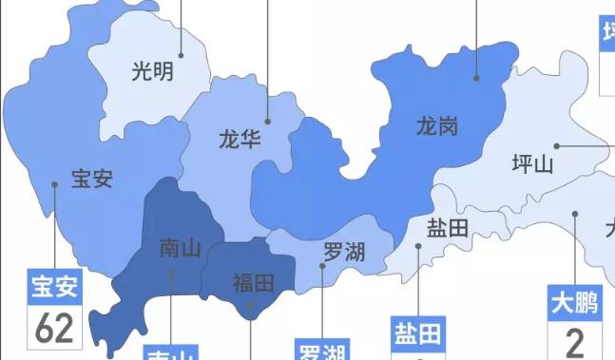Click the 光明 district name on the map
pos(152,70)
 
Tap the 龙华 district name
pos(240,141)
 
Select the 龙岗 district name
pos(437,125)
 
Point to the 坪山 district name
pos(532,164)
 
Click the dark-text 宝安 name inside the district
pos(92,179)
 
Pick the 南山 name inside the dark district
pos(180,249)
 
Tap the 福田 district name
pos(253,283)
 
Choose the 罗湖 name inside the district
pos(344,252)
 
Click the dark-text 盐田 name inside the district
pos(448,228)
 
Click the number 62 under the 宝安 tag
pos(54,329)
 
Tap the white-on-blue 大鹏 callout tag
pos(574,304)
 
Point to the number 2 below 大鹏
pos(574,341)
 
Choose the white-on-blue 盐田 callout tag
pos(418,334)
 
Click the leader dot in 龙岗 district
pos(477,78)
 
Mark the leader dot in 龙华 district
pos(268,122)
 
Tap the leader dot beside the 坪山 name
pos(558,146)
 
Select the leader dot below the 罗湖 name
pos(322,267)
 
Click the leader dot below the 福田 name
pos(249,306)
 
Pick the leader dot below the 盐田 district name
pos(418,247)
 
